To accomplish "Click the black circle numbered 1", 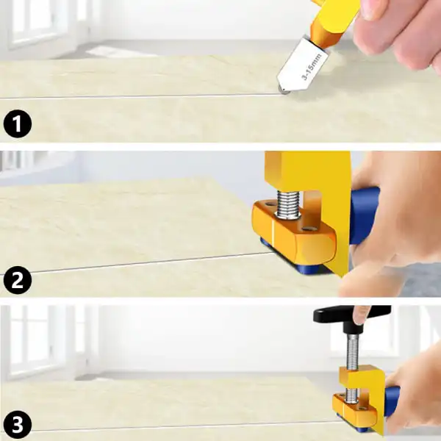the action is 18,123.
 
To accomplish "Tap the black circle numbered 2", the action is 18,280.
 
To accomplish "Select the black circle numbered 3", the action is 18,425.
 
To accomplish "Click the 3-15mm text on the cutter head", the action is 312,66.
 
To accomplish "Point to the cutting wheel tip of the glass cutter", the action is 284,90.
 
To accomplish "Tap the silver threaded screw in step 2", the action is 287,204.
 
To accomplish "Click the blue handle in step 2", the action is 364,215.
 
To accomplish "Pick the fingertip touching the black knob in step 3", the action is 361,315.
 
